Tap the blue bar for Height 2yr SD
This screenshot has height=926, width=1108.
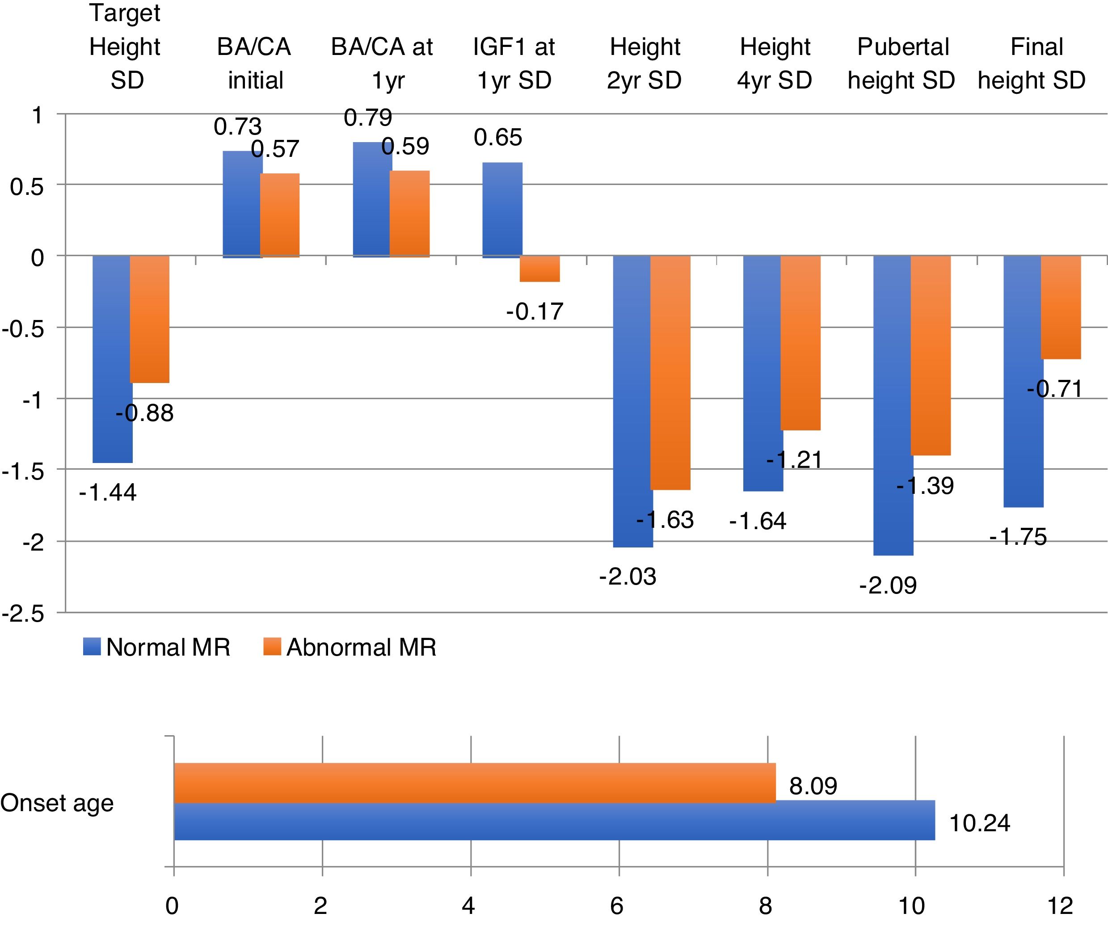[632, 401]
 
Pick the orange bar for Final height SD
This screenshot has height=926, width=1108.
[1061, 307]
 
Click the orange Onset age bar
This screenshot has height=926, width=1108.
[475, 783]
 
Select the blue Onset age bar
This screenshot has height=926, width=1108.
[554, 821]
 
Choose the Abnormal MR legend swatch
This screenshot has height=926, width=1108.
[272, 647]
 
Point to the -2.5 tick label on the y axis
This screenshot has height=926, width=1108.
[24, 614]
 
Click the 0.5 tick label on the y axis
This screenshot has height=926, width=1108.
[27, 187]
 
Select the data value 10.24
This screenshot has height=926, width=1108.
[979, 823]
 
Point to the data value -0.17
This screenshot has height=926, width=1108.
[535, 312]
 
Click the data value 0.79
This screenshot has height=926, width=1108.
[368, 118]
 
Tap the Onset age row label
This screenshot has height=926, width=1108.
[57, 803]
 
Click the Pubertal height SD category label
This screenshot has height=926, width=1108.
[902, 63]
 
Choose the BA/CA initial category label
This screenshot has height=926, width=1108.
[254, 63]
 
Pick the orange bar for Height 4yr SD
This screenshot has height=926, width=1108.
[800, 343]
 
